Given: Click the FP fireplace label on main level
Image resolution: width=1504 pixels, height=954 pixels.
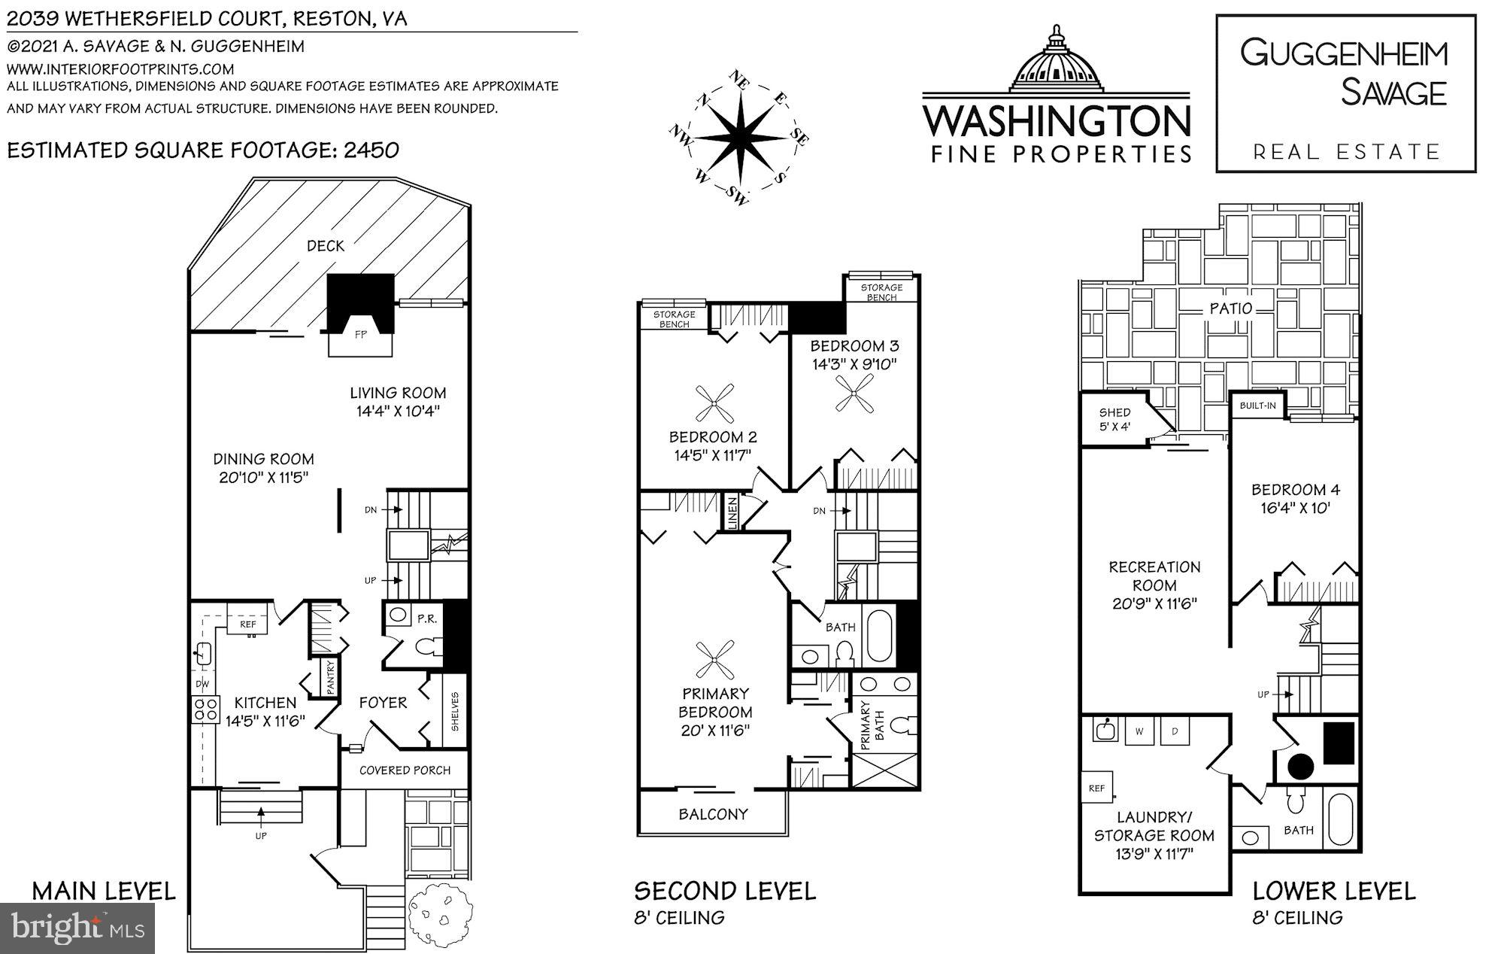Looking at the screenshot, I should tap(361, 335).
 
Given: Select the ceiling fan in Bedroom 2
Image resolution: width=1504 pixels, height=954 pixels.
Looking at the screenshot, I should tap(714, 403).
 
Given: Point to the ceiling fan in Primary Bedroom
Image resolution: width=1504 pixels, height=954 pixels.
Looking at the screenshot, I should tap(714, 660).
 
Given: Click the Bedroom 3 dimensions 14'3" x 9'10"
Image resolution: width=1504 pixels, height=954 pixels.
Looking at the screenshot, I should tap(854, 364).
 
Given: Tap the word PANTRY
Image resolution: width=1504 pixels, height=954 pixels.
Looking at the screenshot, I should tap(330, 677).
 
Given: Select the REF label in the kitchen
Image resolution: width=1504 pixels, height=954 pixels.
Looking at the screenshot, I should tap(248, 624).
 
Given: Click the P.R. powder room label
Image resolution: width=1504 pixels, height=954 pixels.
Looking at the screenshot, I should tap(427, 618).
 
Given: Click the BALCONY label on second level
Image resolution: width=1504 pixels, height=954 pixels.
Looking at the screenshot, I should tap(713, 814).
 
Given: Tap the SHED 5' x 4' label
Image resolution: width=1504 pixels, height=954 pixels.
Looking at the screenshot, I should tap(1114, 419).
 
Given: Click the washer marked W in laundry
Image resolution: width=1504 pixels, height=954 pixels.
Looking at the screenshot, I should tap(1140, 731).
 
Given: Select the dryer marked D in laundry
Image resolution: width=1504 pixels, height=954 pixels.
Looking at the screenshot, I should tap(1175, 731).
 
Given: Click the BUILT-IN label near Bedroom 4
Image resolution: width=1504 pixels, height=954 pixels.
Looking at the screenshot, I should tap(1257, 406).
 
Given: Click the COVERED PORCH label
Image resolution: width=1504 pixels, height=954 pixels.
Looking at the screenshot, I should tap(405, 770).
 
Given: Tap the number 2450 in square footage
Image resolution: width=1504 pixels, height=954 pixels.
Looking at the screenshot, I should tap(371, 150).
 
